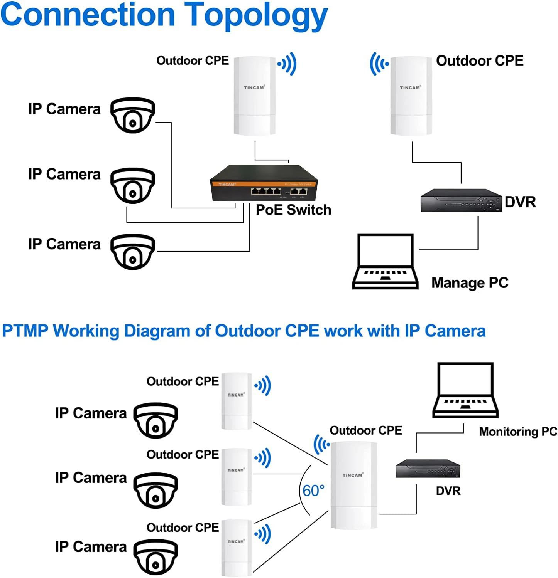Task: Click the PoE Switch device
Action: pos(264,183)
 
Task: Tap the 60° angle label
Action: pos(313,491)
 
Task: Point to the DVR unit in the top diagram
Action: pos(461,200)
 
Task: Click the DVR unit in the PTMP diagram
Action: pos(428,469)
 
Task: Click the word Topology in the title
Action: pos(256,15)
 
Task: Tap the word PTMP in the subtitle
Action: pos(25,331)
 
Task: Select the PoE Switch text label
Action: pos(293,210)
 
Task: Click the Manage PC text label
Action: pos(470,283)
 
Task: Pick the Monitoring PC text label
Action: pos(518,432)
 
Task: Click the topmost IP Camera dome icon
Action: pos(133,115)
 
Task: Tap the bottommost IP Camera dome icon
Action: pos(156,557)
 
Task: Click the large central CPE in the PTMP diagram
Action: pos(353,485)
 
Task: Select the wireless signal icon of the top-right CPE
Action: pos(379,64)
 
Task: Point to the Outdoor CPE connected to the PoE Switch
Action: pos(254,96)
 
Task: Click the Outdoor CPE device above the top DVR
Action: pos(411,96)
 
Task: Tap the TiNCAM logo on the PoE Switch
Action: pos(227,185)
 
